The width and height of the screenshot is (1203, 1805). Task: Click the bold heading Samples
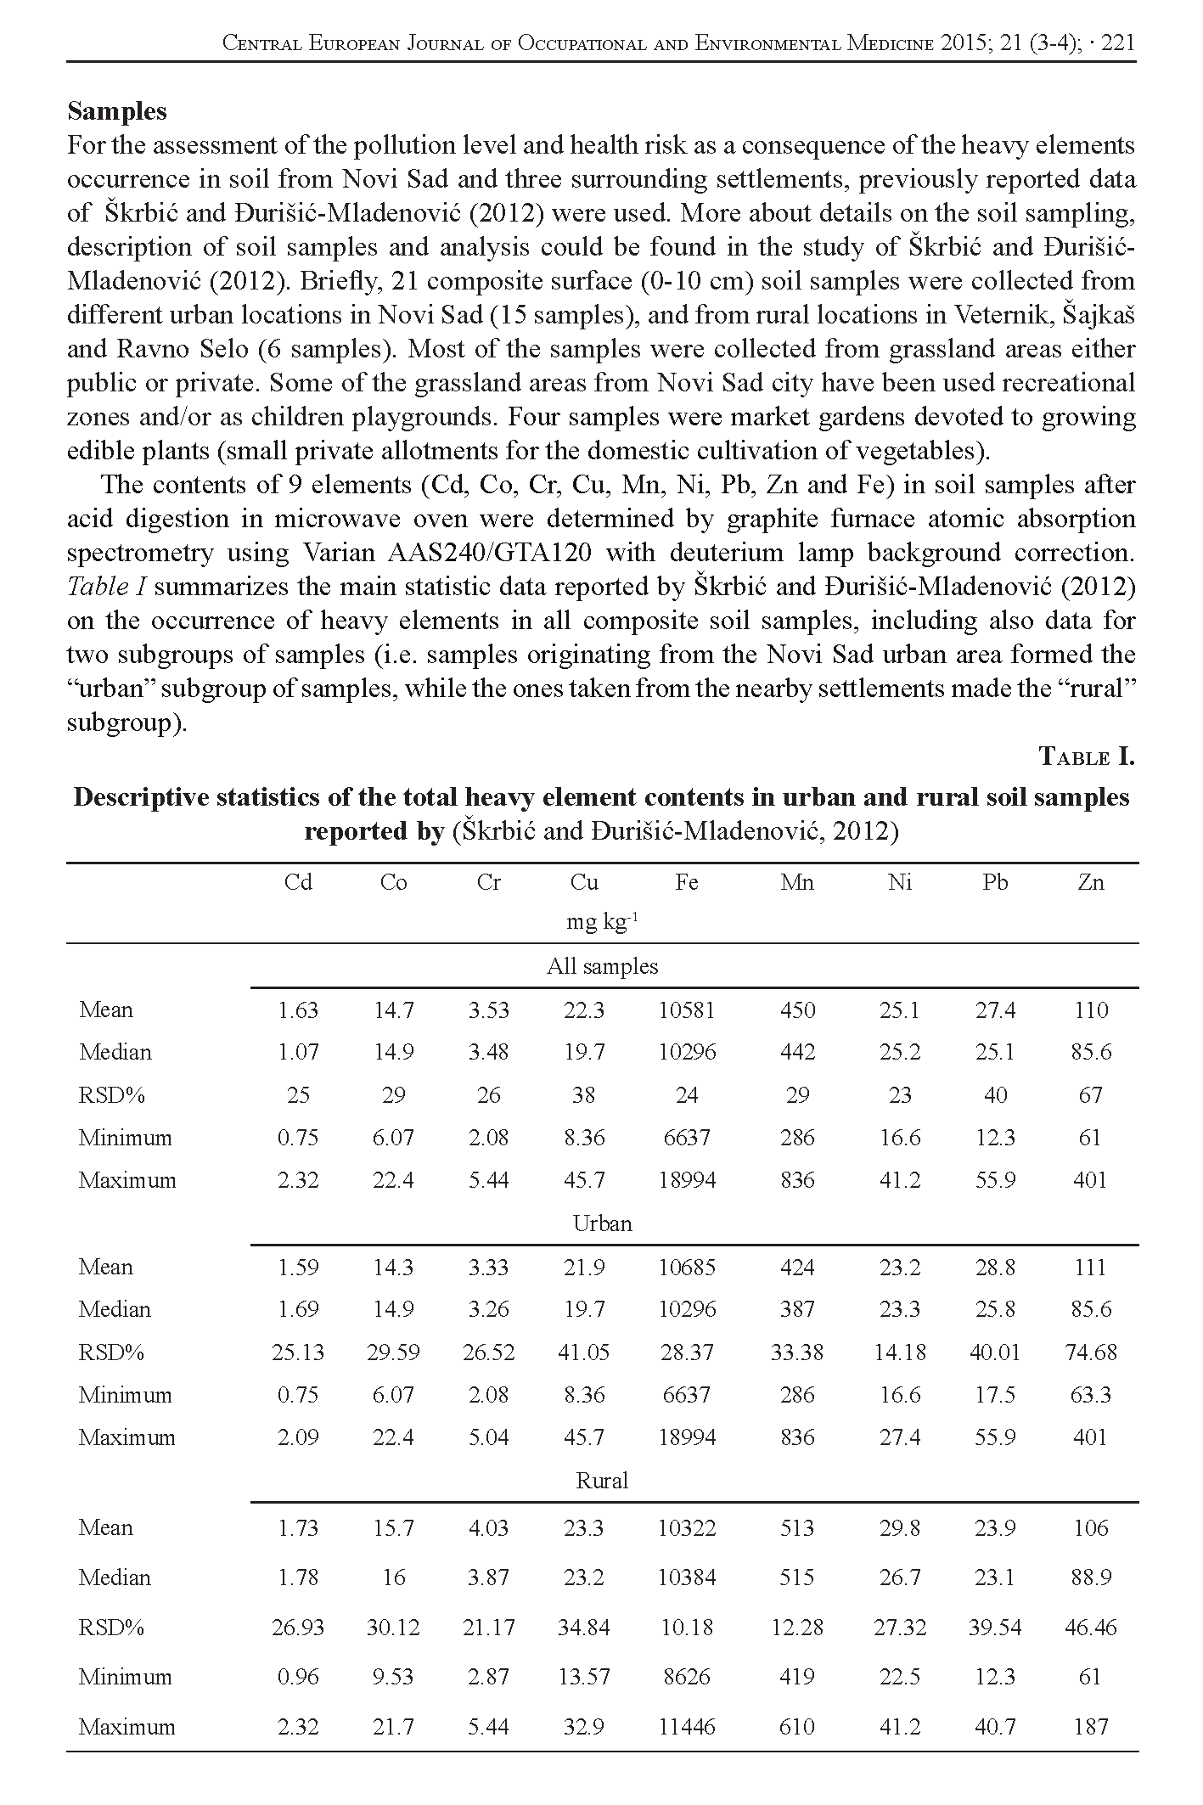click(x=117, y=111)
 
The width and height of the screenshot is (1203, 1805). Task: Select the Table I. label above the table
click(x=1087, y=756)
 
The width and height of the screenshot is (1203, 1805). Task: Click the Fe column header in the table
click(x=686, y=882)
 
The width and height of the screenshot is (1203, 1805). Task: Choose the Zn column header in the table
click(x=1090, y=882)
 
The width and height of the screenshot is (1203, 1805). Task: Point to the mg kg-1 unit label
click(x=602, y=922)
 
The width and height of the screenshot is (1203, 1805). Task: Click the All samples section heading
click(x=602, y=966)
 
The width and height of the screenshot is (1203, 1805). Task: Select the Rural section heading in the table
click(x=602, y=1481)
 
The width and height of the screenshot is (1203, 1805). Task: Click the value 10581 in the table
click(x=686, y=1009)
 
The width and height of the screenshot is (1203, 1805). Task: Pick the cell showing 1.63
click(x=298, y=1009)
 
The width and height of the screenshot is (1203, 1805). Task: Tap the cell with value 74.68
click(x=1090, y=1352)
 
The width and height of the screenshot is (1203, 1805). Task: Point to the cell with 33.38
click(x=796, y=1352)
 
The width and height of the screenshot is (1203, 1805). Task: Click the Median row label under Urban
click(x=115, y=1309)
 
